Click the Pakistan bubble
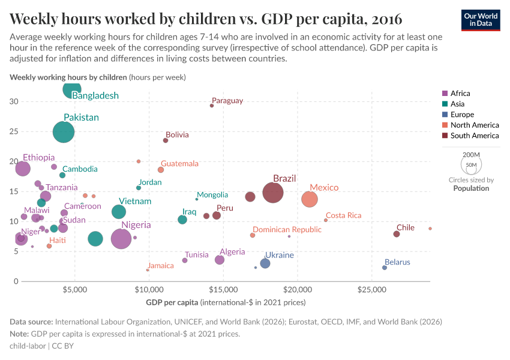tap(64, 131)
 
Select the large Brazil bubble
tap(272, 193)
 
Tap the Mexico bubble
tap(310, 199)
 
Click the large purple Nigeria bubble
tap(121, 238)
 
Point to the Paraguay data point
tap(212, 106)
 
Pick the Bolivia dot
tap(166, 140)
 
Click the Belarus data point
tap(385, 268)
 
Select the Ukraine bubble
tap(265, 263)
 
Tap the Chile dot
tap(397, 234)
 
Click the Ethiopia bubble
tap(22, 169)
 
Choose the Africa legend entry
tap(460, 93)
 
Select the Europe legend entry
tap(461, 115)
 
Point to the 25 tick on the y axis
tap(14, 131)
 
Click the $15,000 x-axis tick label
tap(224, 290)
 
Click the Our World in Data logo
tap(481, 19)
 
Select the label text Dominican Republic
tap(287, 229)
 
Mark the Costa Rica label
tap(343, 215)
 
